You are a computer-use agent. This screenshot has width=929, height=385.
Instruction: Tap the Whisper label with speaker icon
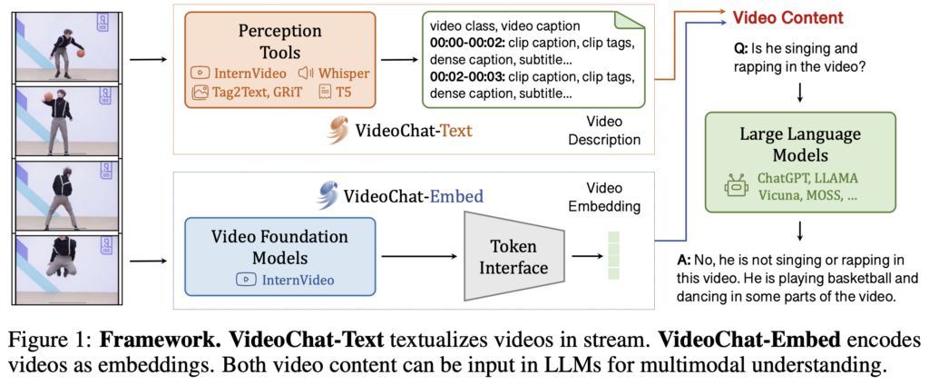(333, 72)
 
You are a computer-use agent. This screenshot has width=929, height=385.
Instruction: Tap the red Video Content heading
(787, 17)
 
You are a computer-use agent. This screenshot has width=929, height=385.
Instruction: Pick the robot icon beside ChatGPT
(735, 187)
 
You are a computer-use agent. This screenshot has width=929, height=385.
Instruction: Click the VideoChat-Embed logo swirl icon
(328, 194)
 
